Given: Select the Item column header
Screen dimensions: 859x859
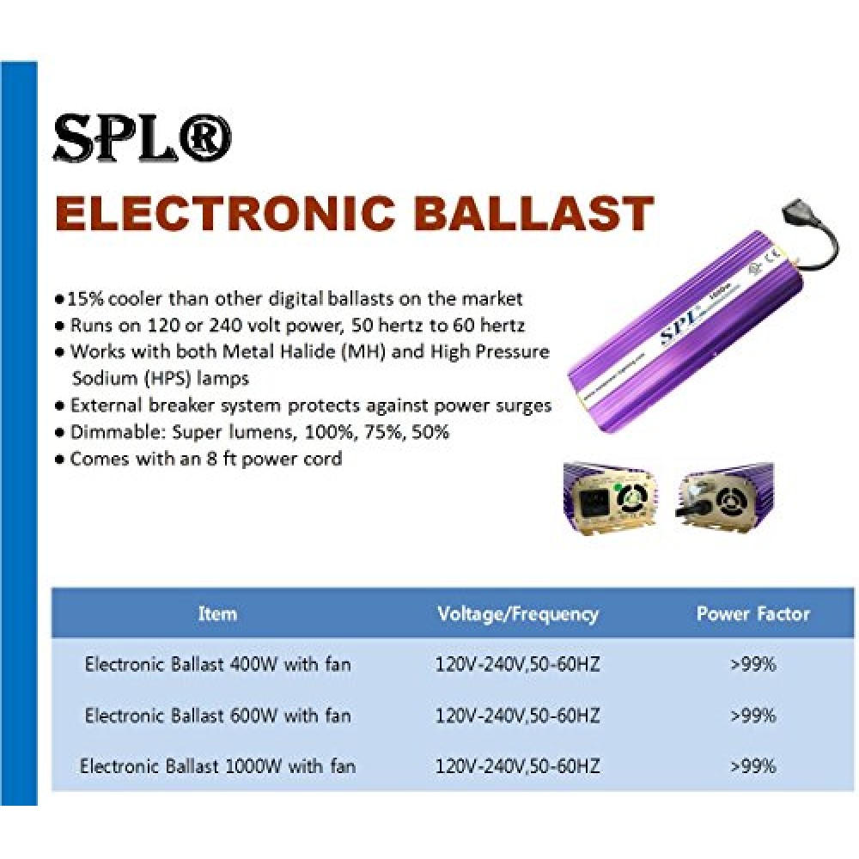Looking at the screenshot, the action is pyautogui.click(x=217, y=613).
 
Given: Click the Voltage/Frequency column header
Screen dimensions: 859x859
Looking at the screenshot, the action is pyautogui.click(x=518, y=614).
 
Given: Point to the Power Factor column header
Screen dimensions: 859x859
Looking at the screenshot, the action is pyautogui.click(x=752, y=613).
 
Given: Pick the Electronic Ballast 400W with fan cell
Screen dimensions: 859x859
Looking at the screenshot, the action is pyautogui.click(x=217, y=665).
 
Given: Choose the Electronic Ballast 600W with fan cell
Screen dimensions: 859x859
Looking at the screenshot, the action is pyautogui.click(x=217, y=716).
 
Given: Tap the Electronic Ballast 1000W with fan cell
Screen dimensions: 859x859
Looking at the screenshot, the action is pyautogui.click(x=217, y=766).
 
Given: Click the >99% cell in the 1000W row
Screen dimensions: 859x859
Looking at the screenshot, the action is pyautogui.click(x=753, y=766).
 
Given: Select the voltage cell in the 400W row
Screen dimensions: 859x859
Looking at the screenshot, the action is pyautogui.click(x=518, y=665).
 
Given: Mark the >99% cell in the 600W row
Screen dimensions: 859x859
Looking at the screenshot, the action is pyautogui.click(x=753, y=716).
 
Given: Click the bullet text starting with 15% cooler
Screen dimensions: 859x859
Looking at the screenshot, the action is pyautogui.click(x=289, y=299).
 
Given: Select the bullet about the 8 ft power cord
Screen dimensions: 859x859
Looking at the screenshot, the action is pyautogui.click(x=199, y=459).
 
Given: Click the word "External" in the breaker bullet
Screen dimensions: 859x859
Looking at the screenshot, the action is pyautogui.click(x=103, y=405).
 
